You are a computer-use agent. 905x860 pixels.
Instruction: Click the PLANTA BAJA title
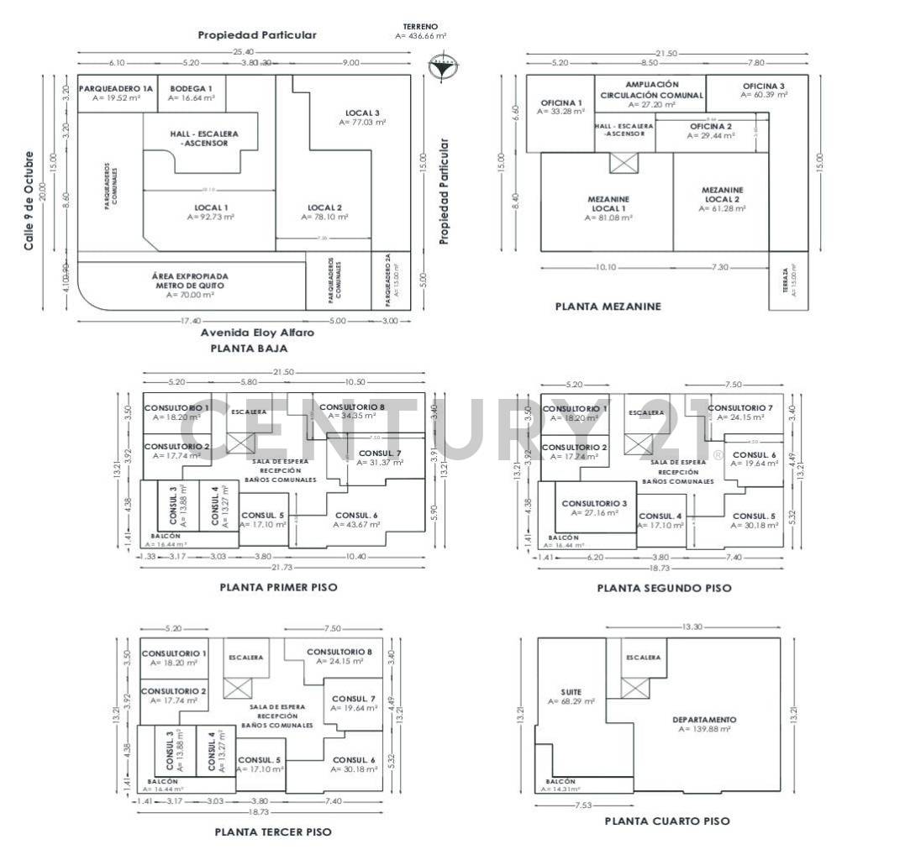point(249,348)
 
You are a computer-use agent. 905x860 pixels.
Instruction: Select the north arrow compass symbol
point(442,66)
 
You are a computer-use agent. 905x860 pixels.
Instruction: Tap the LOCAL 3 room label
point(362,113)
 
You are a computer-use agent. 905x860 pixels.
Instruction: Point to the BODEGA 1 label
point(191,88)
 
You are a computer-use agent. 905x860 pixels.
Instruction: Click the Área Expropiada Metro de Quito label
point(190,281)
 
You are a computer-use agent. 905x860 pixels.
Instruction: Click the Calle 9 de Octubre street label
point(29,200)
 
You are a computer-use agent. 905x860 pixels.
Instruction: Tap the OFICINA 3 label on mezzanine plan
point(763,87)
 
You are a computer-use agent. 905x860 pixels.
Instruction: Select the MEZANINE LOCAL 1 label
point(609,204)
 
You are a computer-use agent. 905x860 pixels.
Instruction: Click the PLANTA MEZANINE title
point(608,307)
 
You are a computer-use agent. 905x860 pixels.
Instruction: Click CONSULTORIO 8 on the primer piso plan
point(352,407)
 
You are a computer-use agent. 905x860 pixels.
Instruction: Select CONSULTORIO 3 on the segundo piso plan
point(595,503)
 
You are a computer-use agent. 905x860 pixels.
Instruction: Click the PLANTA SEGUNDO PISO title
point(664,588)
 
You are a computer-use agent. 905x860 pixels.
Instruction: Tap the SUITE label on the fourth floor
point(571,692)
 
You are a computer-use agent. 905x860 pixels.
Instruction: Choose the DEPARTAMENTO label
point(704,720)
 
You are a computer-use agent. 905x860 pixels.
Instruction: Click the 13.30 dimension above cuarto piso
point(692,627)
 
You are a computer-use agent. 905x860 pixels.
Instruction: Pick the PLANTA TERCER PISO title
point(273,831)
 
